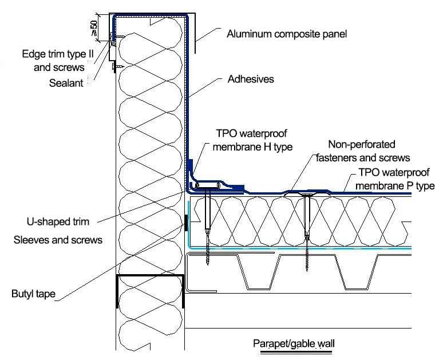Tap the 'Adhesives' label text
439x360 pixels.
tap(251, 80)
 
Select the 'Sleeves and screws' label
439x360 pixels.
tap(58, 240)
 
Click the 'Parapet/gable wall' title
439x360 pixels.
tap(294, 344)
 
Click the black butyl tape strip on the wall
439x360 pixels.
tap(186, 222)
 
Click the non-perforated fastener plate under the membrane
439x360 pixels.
tap(307, 195)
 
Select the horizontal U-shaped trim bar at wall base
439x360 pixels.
tap(207, 186)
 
